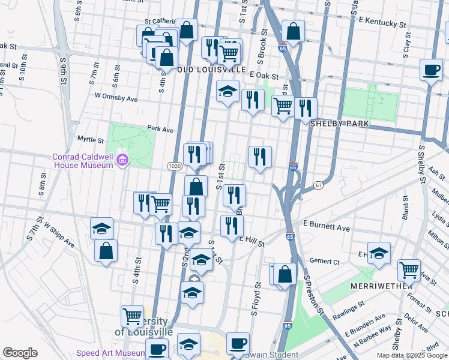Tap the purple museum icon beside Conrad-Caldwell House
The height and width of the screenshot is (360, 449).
[x=123, y=160]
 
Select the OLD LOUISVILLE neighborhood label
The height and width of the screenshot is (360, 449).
[x=211, y=70]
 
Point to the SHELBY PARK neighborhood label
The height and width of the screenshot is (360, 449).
[x=339, y=123]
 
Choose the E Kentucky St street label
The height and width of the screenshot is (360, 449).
[x=382, y=23]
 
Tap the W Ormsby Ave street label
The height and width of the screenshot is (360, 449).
[x=116, y=97]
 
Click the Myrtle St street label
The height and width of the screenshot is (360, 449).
[x=91, y=139]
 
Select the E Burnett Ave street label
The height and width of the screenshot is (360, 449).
[x=326, y=228]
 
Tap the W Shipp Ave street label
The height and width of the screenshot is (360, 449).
[x=58, y=236]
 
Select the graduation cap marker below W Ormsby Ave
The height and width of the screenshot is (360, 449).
[x=228, y=92]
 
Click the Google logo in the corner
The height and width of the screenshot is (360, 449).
[x=20, y=353]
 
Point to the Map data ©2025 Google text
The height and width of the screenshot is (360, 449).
[x=411, y=355]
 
